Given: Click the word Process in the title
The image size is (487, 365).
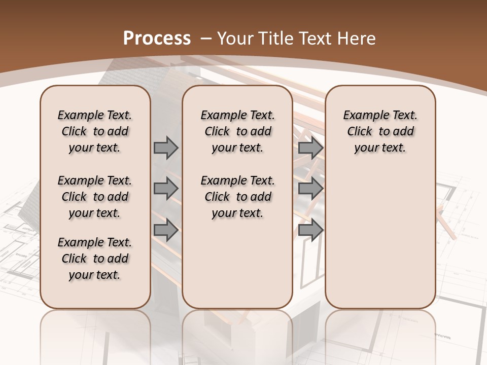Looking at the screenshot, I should pos(157,38).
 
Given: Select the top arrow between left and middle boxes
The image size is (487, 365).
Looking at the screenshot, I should pos(166,148).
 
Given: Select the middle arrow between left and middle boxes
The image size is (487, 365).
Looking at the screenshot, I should pos(166,189).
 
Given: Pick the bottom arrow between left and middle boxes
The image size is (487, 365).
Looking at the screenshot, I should pos(166,230).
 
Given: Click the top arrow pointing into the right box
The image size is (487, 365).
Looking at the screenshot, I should pos(310,148).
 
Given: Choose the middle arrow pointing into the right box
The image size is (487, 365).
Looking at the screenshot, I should pos(310,189).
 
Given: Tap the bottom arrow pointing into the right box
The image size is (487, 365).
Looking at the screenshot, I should pos(310,230).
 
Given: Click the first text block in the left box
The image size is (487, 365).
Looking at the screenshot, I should pos(95,131).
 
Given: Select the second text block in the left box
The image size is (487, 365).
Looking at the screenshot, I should pos(95,197).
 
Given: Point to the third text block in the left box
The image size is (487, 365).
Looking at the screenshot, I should pos(95,259).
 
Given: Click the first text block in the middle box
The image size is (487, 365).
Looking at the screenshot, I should pos(237,131).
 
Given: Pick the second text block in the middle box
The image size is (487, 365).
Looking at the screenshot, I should pos(237,197).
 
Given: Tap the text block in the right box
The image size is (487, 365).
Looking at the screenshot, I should pos(380,131).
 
